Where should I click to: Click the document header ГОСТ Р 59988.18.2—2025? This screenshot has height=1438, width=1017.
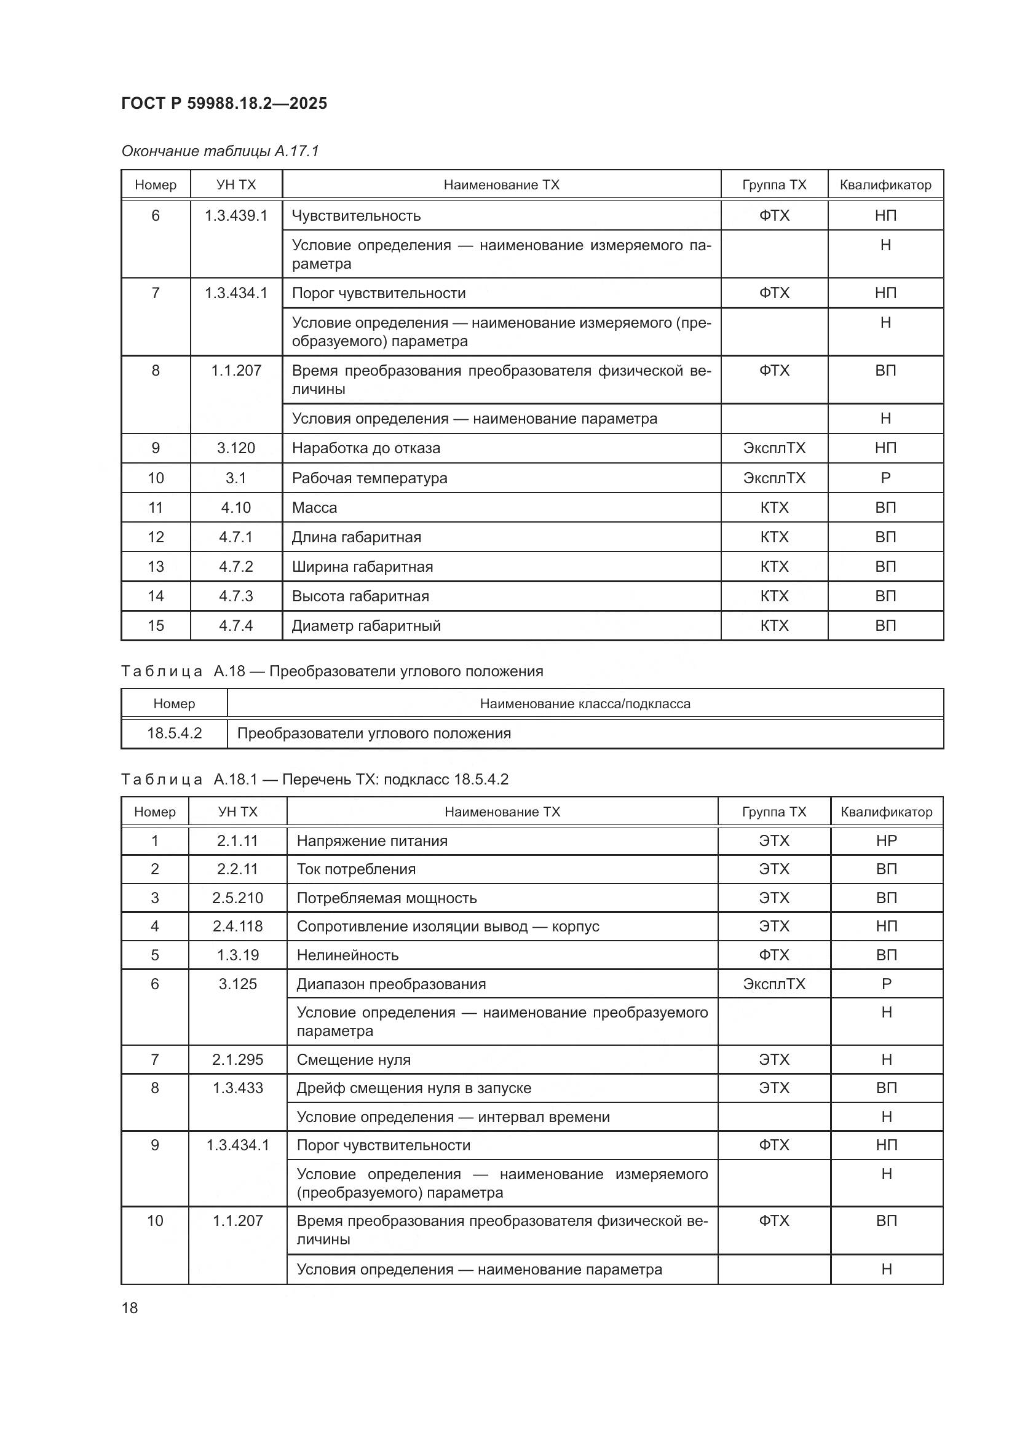click(x=224, y=103)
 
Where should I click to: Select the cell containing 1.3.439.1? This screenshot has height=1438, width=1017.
click(x=236, y=215)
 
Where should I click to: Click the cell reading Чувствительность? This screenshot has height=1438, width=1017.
click(x=357, y=215)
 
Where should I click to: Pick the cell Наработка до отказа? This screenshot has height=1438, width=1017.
click(x=366, y=448)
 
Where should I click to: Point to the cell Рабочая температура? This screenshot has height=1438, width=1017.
click(x=370, y=478)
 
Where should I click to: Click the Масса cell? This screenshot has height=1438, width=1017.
click(x=314, y=507)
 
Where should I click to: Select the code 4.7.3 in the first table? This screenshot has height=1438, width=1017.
click(x=236, y=596)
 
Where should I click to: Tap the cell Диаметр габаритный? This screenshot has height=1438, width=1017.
click(x=366, y=625)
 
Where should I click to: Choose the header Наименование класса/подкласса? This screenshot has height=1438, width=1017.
click(x=585, y=703)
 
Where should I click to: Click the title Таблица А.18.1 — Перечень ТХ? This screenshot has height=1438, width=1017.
click(x=314, y=779)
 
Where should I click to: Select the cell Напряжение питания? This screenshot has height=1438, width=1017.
click(x=372, y=840)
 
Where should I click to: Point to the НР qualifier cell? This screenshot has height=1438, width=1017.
click(x=886, y=840)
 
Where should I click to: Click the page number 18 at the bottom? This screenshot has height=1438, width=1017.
click(x=130, y=1308)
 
